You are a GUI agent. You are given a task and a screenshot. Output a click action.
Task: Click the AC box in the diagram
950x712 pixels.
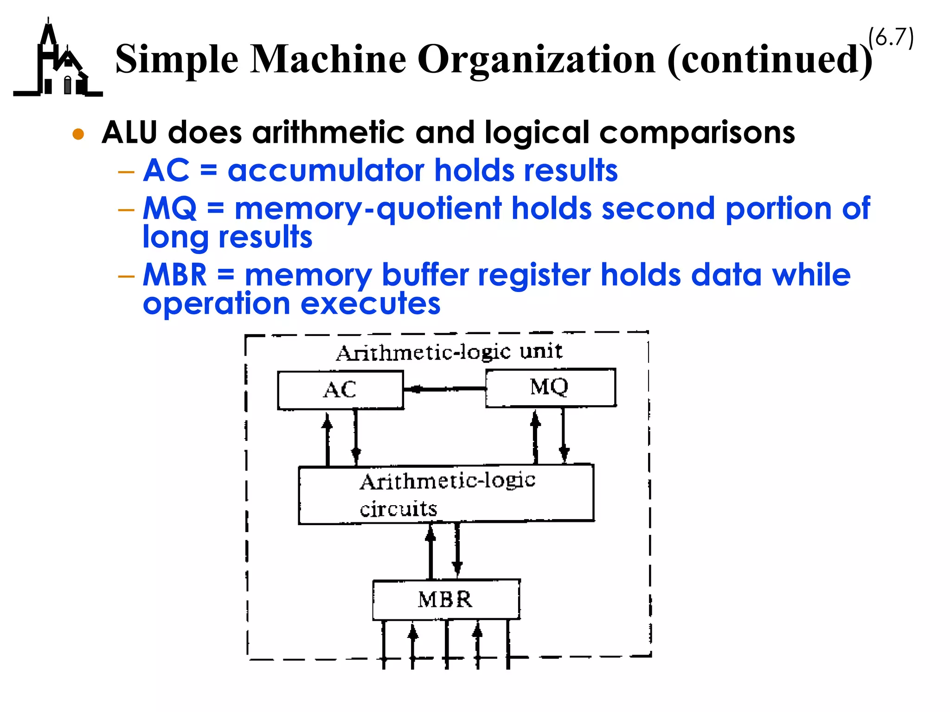point(340,390)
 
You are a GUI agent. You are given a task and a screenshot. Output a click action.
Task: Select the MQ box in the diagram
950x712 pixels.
point(550,388)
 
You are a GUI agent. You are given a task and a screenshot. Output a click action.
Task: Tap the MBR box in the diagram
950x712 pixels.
point(446,599)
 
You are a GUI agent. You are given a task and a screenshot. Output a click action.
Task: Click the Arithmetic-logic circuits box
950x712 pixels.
point(446,494)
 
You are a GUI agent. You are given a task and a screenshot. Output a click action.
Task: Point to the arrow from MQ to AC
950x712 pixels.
point(444,389)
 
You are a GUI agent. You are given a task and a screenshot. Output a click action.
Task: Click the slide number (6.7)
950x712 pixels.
point(891,38)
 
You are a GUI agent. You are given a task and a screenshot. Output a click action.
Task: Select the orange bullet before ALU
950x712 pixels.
point(78,134)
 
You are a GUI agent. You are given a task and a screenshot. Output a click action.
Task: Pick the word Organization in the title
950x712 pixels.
point(537,60)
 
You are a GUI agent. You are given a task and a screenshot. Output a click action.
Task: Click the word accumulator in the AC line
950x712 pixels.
point(325,170)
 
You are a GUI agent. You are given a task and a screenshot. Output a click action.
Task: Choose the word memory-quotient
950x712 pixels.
point(368,209)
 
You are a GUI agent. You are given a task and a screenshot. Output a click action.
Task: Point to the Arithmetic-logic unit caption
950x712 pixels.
point(449,352)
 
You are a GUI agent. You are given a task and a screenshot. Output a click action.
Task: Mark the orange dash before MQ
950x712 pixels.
point(126,210)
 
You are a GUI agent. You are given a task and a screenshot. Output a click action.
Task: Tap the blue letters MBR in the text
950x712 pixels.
point(174,275)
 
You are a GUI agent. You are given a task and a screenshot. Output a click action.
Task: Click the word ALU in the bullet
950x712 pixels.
point(129,133)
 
